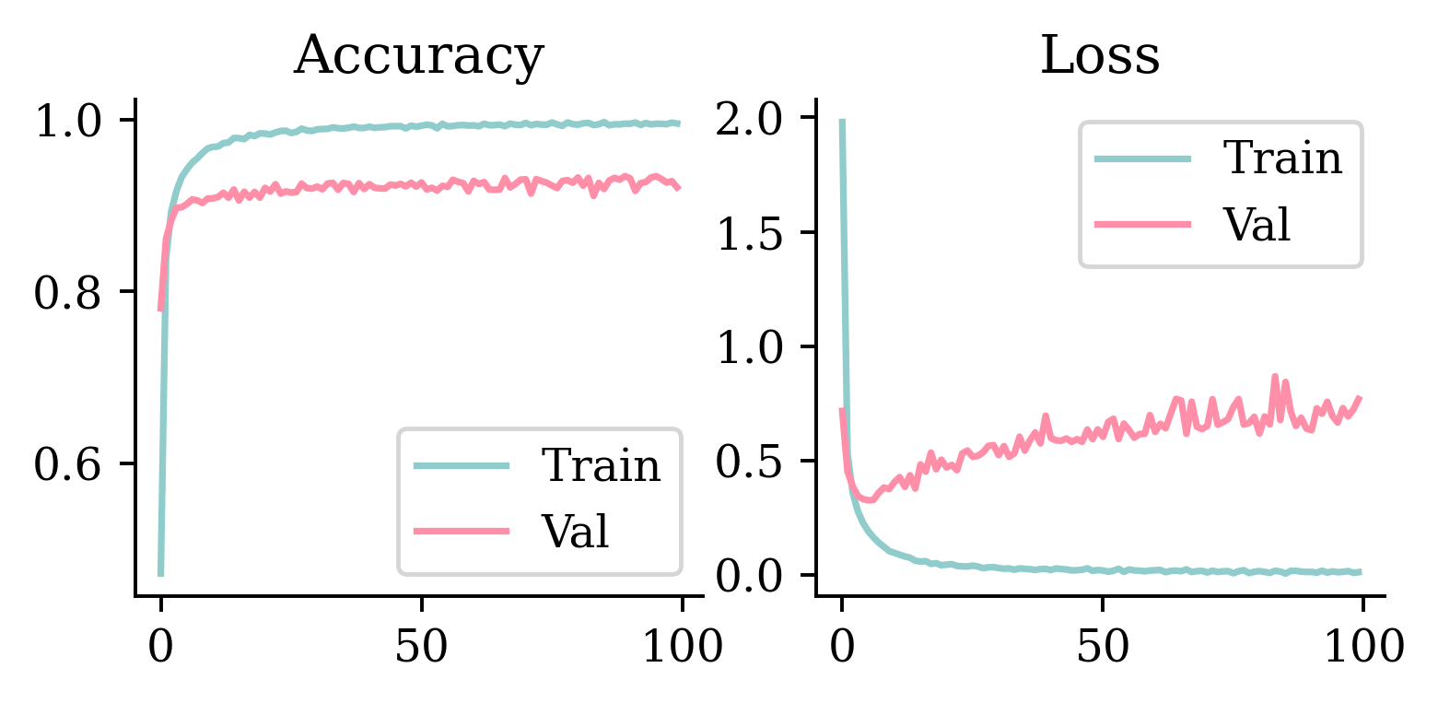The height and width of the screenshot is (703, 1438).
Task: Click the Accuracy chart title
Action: (418, 57)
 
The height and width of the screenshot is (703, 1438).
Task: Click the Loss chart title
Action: (1099, 57)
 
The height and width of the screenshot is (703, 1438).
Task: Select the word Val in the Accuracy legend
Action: (575, 531)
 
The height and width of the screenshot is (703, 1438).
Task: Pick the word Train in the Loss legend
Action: (1281, 158)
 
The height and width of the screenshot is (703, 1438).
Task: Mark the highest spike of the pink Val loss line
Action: (1275, 376)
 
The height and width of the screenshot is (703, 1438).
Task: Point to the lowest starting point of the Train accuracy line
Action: (160, 575)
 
